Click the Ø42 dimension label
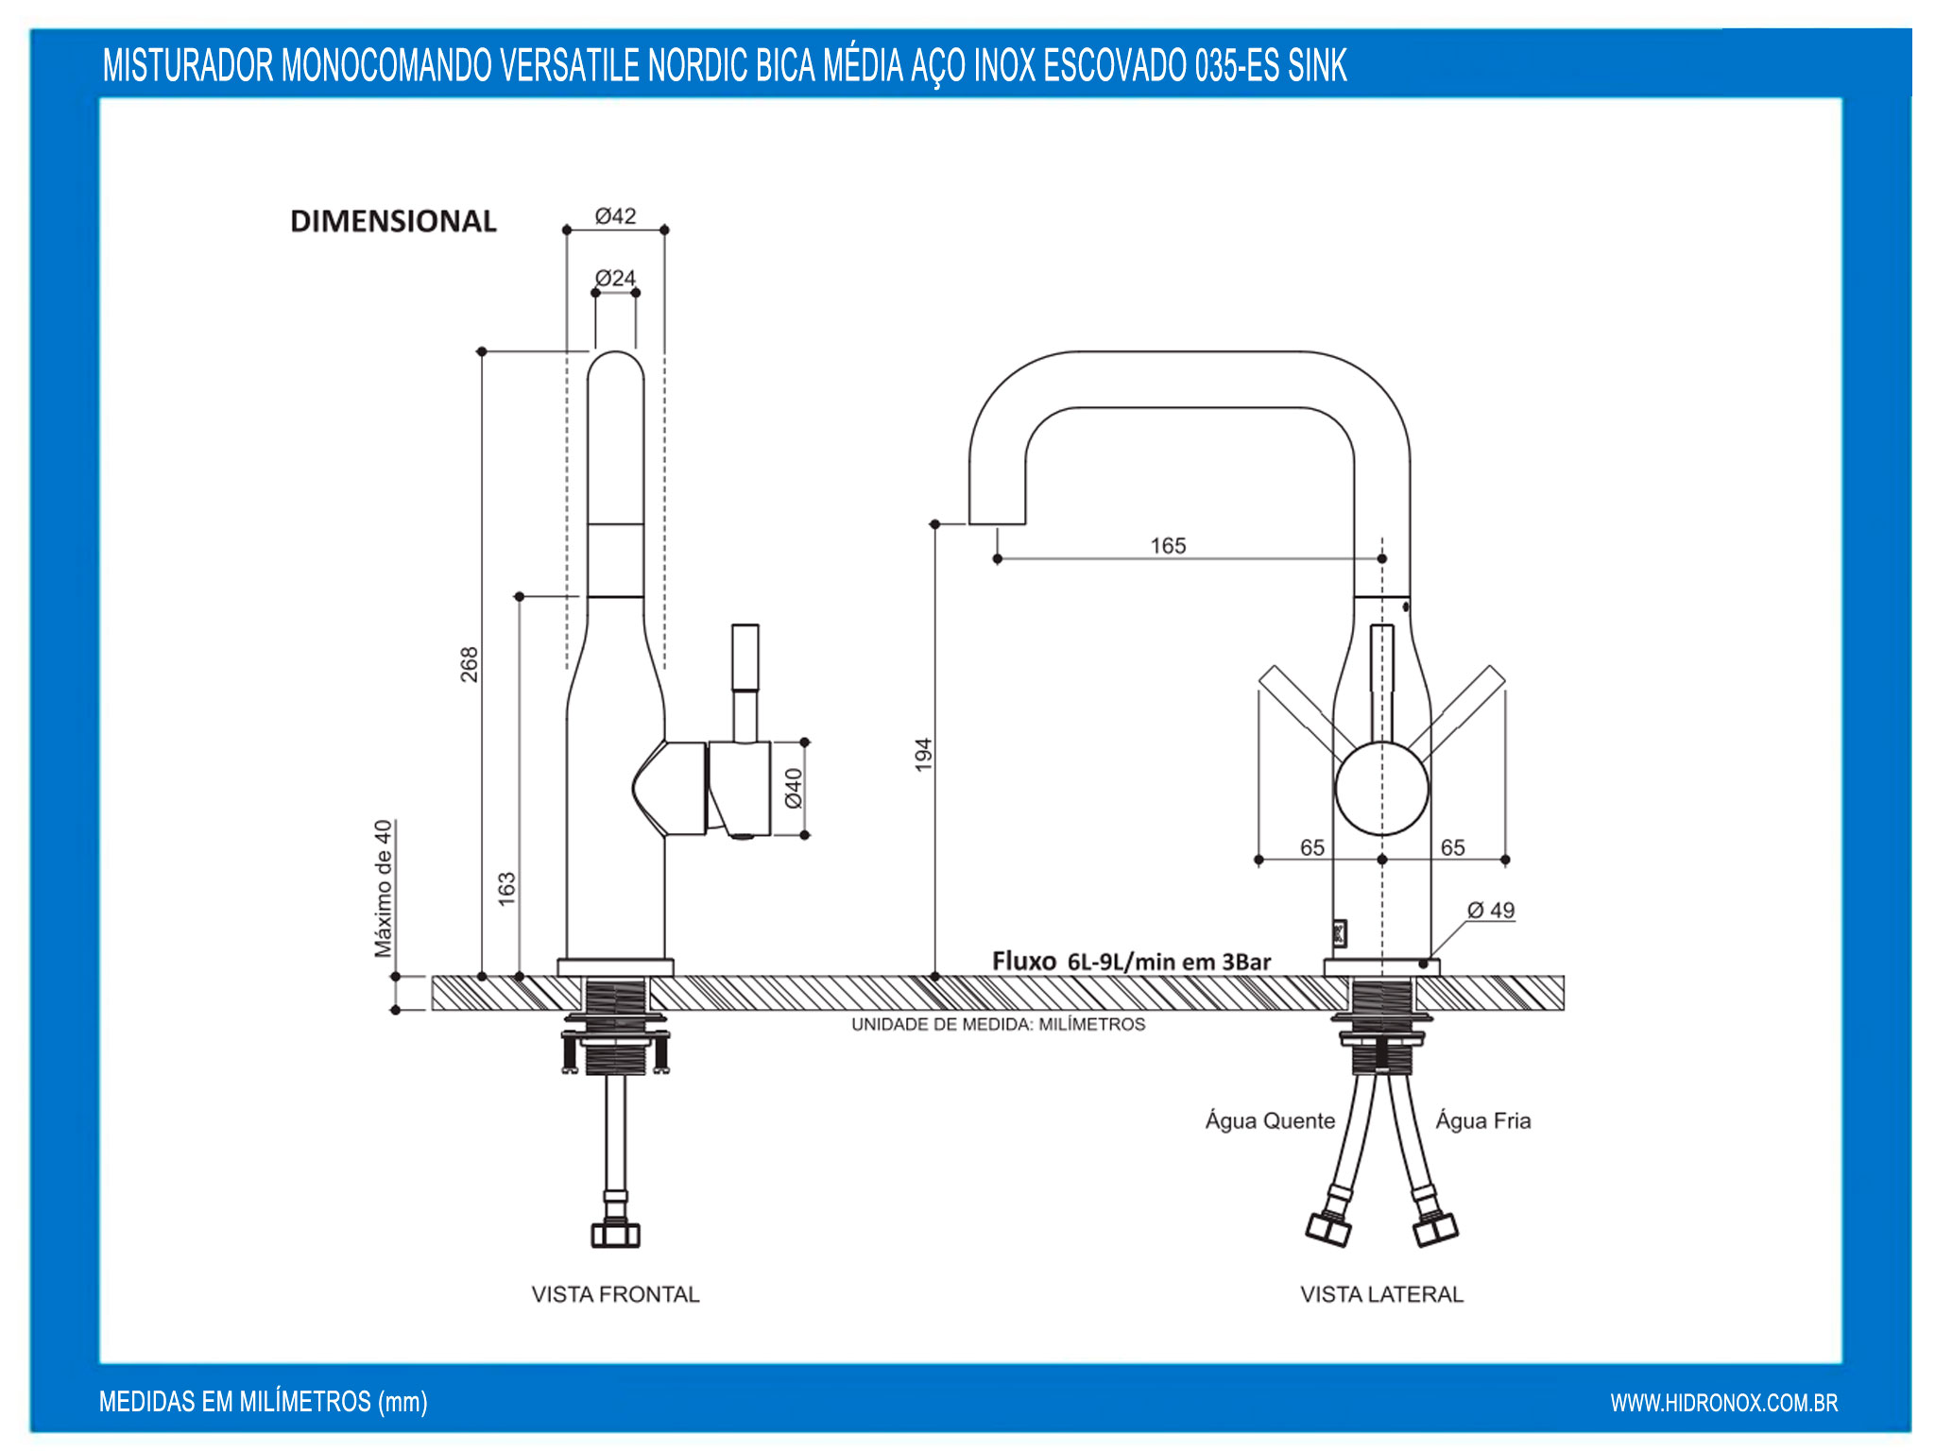click(615, 216)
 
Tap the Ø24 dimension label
click(615, 279)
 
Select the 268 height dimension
click(470, 664)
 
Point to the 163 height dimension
click(507, 888)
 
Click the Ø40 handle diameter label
click(794, 788)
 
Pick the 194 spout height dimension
click(923, 754)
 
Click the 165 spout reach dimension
click(1168, 546)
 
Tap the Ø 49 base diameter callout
click(1490, 911)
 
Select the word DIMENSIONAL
click(393, 222)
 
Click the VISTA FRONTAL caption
click(615, 1294)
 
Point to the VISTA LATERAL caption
click(1381, 1294)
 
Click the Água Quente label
click(1270, 1121)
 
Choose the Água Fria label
click(1482, 1121)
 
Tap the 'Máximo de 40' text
click(383, 888)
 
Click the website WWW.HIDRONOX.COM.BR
click(1723, 1403)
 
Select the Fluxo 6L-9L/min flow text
click(1131, 962)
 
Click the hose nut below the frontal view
click(615, 1233)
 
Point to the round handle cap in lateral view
click(1381, 789)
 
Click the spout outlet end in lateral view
click(997, 518)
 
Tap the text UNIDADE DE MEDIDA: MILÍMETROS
click(998, 1025)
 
